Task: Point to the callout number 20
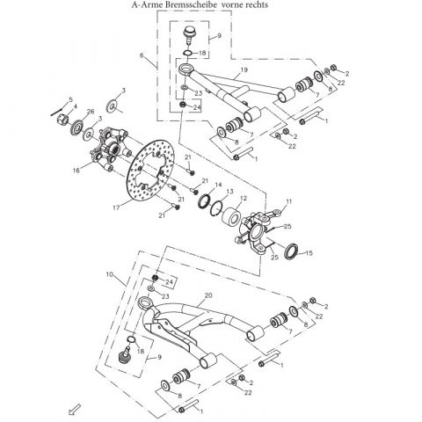pyautogui.click(x=207, y=296)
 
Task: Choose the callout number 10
pyautogui.click(x=110, y=276)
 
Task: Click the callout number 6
pyautogui.click(x=141, y=55)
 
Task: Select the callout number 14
pyautogui.click(x=217, y=184)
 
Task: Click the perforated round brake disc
pyautogui.click(x=156, y=177)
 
